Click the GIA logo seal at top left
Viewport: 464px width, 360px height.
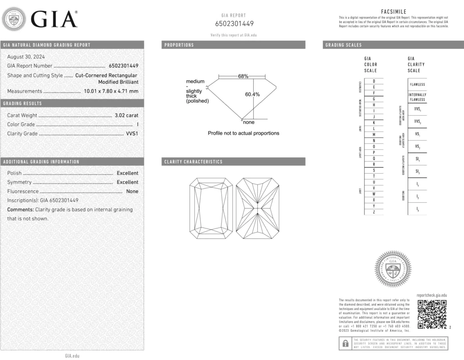point(15,19)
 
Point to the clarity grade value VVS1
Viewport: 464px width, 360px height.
point(132,134)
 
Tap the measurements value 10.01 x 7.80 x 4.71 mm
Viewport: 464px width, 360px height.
point(111,91)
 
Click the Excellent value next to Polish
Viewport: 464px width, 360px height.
point(127,173)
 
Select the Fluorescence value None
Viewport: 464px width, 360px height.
point(132,191)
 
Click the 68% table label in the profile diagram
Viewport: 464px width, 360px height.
point(243,76)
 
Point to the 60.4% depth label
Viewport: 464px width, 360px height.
point(252,95)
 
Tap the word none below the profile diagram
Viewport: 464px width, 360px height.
point(248,122)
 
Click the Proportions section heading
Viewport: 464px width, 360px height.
point(179,45)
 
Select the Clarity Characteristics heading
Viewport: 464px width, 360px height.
point(193,162)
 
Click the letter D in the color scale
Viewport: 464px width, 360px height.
point(373,81)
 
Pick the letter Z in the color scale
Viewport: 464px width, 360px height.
point(373,212)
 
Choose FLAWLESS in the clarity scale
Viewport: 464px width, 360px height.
point(417,84)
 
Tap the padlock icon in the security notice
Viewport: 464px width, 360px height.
point(345,343)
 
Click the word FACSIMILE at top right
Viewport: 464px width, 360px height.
point(394,12)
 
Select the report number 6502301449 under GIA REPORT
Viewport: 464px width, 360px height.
point(234,24)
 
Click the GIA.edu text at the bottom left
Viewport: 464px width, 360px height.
point(72,356)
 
